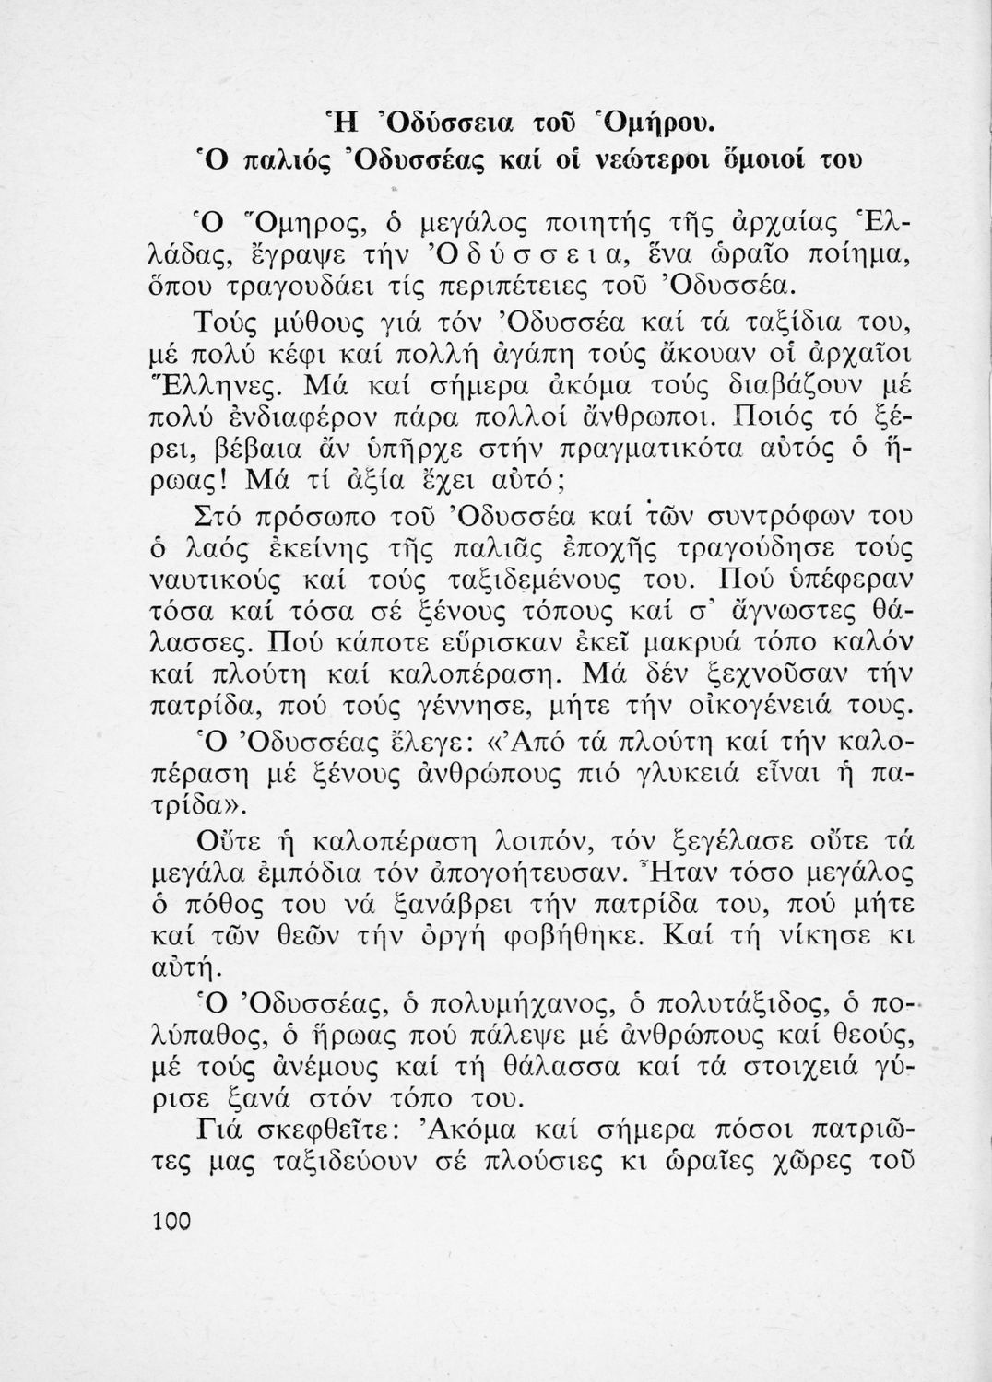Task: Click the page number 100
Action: click(169, 1221)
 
